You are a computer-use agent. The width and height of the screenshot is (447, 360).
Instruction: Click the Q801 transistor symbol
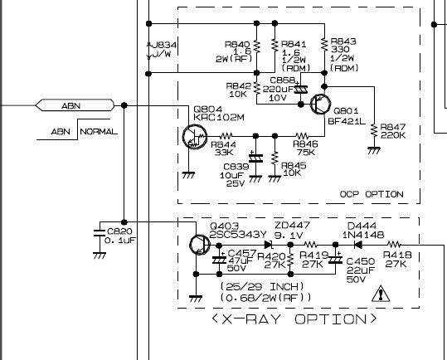320,105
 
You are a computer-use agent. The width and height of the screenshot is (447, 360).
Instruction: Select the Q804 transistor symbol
195,137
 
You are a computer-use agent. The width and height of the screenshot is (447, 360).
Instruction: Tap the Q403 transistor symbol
200,245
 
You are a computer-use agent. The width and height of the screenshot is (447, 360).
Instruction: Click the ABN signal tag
75,105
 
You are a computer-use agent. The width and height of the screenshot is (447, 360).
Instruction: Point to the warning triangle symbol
381,294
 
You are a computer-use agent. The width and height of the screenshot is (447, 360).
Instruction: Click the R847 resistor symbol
374,131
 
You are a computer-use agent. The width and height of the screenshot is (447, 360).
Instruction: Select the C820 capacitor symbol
100,232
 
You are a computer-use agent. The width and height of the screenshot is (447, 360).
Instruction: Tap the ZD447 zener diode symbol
268,245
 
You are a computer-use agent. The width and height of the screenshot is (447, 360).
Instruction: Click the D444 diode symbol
357,245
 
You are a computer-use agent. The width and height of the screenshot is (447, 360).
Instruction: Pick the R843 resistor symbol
324,45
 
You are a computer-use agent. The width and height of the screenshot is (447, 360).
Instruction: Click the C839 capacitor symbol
255,158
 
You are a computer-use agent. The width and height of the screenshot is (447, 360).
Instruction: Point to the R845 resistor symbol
275,158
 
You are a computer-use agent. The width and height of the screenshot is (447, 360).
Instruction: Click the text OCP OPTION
372,194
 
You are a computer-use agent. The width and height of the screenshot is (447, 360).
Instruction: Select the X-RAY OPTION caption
294,319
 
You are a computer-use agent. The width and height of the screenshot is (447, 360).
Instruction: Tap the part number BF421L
347,121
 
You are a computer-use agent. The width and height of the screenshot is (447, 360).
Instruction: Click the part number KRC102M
219,117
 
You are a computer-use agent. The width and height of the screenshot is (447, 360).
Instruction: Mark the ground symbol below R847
374,150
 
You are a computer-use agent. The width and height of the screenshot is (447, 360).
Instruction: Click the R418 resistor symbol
394,245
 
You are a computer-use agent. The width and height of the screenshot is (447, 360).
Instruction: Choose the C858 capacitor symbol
301,90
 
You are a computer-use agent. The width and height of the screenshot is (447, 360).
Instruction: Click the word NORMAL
99,132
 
